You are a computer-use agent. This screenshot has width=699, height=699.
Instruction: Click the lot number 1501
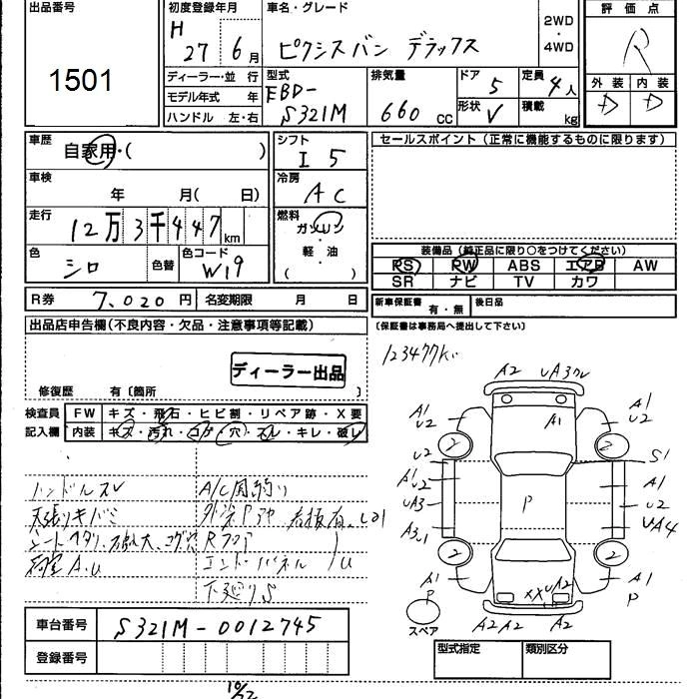(81, 79)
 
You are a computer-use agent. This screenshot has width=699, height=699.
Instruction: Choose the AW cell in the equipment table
(644, 266)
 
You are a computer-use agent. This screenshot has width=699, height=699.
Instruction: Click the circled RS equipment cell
(404, 266)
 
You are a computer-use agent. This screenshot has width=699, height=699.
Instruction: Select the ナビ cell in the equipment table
(463, 282)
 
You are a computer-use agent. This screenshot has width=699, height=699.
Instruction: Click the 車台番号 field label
(61, 625)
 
